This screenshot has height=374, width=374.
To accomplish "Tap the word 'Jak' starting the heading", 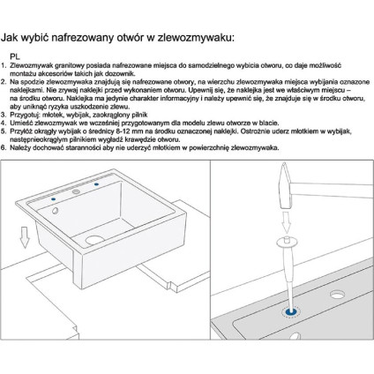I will (x=12, y=37).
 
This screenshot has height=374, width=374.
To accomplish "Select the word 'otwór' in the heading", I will (x=127, y=37).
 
